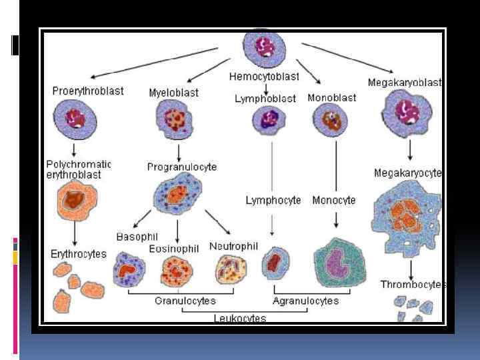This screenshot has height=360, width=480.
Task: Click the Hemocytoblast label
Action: pyautogui.click(x=264, y=77)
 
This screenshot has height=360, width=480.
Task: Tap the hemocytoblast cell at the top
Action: pyautogui.click(x=265, y=49)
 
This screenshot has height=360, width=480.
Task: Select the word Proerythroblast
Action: pyautogui.click(x=88, y=91)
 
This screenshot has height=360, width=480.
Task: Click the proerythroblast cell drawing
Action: pyautogui.click(x=75, y=120)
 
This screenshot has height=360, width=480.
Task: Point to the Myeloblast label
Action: pyautogui.click(x=173, y=93)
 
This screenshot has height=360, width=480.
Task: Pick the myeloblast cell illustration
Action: pyautogui.click(x=175, y=121)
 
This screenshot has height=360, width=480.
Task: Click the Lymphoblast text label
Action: pyautogui.click(x=265, y=98)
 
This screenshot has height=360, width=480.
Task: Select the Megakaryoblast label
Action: pyautogui.click(x=405, y=83)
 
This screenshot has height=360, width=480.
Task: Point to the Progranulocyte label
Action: pyautogui.click(x=182, y=167)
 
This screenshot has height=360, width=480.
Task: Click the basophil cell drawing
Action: pyautogui.click(x=129, y=269)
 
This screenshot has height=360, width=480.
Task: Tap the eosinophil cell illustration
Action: pyautogui.click(x=177, y=271)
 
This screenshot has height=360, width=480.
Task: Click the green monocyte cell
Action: pyautogui.click(x=341, y=264)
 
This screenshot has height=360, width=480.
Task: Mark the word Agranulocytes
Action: pyautogui.click(x=305, y=301)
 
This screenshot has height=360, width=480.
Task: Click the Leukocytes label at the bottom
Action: pyautogui.click(x=239, y=318)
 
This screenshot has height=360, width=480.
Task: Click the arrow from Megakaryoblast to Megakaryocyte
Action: pyautogui.click(x=409, y=149)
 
